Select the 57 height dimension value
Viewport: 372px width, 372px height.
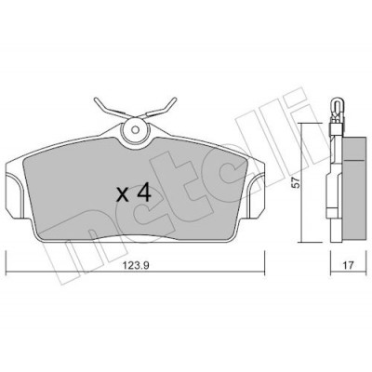point(297,183)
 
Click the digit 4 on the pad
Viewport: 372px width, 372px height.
point(143,193)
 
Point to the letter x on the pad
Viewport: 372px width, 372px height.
point(123,195)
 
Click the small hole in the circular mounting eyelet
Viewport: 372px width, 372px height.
point(135,129)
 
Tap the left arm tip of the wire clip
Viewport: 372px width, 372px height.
point(96,100)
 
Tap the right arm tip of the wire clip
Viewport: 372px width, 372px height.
point(175,100)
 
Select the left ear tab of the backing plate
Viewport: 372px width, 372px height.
point(15,194)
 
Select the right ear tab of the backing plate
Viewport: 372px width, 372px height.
point(257,194)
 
